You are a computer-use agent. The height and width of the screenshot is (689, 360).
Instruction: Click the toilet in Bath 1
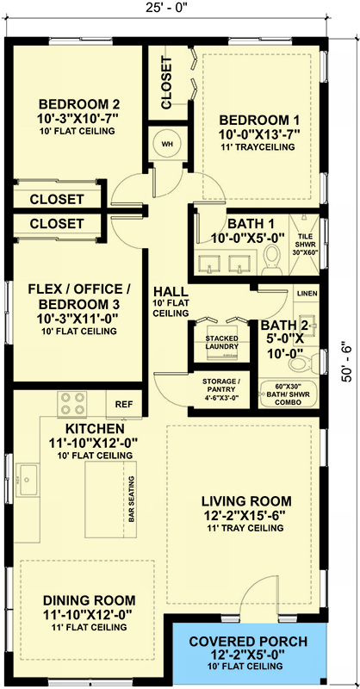271,256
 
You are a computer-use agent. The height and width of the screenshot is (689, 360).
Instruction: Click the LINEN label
307,295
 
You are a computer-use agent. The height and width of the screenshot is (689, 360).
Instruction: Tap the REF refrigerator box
123,403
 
